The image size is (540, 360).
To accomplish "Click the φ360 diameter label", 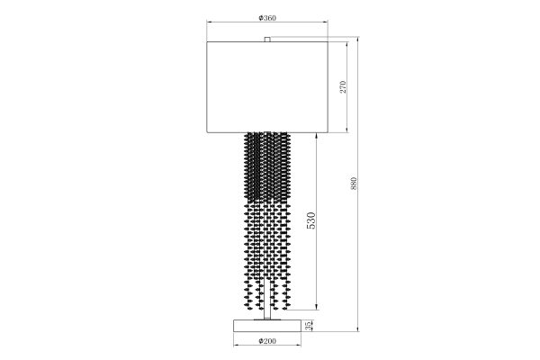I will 267,17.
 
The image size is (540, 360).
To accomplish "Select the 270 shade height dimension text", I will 343,87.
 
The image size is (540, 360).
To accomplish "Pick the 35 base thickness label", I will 309,325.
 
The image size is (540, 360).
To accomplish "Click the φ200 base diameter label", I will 267,342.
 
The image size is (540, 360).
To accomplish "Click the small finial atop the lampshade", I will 267,39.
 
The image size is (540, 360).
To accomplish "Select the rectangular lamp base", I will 267,325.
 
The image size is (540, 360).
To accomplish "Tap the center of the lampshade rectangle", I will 267,87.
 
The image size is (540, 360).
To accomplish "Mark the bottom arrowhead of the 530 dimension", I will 317,315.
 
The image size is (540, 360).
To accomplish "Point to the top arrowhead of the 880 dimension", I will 359,39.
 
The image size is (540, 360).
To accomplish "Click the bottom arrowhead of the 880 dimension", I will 359,330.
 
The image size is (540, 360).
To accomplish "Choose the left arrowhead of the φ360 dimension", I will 209,22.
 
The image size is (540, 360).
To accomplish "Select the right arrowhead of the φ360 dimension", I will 326,22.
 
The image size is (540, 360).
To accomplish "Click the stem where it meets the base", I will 267,317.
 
